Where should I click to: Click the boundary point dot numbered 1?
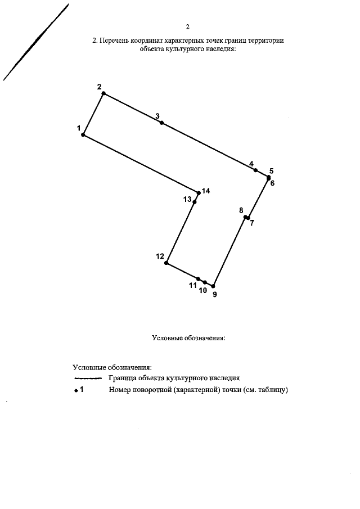(x=83, y=135)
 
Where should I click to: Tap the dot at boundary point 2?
(x=103, y=93)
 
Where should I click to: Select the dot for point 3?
(x=161, y=123)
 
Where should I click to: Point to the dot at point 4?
(x=255, y=170)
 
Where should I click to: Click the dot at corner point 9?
(x=213, y=286)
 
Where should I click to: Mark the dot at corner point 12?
(x=166, y=263)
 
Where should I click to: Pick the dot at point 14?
(x=199, y=193)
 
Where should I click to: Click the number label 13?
(x=187, y=200)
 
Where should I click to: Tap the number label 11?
(x=193, y=286)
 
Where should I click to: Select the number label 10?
(x=203, y=291)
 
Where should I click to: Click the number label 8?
(x=241, y=210)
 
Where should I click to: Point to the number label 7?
(x=252, y=223)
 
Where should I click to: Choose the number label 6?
(x=272, y=183)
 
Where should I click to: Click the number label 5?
(x=271, y=170)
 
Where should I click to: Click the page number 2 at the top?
(x=188, y=26)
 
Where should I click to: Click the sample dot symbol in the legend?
(x=76, y=390)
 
